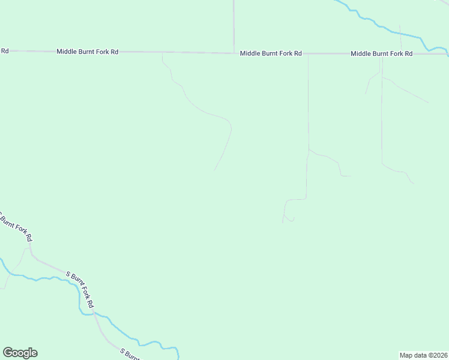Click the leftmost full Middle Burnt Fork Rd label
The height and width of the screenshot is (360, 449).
87,52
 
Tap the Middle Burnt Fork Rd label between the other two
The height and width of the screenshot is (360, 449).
270,53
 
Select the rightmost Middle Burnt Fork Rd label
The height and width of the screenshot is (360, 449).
381,54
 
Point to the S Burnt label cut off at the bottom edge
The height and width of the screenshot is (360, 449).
130,354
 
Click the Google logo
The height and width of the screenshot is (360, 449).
20,353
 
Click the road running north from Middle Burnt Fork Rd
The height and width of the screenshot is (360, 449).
234,24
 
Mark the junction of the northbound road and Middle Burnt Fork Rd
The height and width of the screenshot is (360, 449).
234,53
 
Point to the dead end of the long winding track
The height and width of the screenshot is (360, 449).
214,170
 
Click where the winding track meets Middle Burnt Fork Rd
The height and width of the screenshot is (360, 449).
162,53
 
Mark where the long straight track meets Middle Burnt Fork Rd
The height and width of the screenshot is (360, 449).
308,54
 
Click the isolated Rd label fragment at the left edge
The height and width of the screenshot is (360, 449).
4,51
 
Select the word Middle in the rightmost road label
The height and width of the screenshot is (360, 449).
361,54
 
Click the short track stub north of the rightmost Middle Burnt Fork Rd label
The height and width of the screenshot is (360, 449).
400,39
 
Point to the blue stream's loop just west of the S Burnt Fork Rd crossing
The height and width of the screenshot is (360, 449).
82,303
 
